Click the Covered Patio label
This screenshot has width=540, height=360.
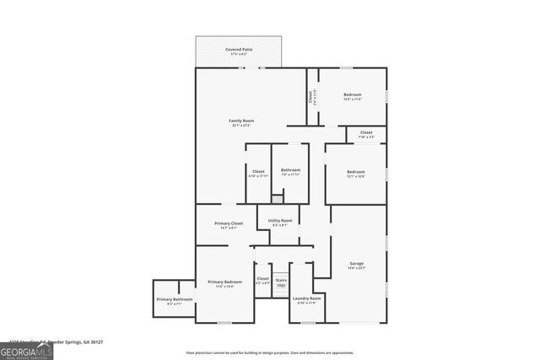pyautogui.click(x=239, y=50)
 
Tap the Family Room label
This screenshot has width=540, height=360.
pyautogui.click(x=241, y=121)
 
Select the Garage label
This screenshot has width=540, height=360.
pyautogui.click(x=357, y=264)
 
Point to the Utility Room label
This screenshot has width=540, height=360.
pyautogui.click(x=281, y=220)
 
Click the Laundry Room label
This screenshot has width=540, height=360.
pyautogui.click(x=307, y=298)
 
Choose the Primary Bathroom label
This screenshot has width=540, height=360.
pyautogui.click(x=175, y=299)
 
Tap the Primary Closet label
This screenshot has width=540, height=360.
pyautogui.click(x=228, y=223)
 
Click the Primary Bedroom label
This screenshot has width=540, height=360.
pyautogui.click(x=225, y=282)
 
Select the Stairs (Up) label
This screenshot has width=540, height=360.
pyautogui.click(x=281, y=281)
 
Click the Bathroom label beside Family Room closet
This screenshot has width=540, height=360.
pyautogui.click(x=290, y=171)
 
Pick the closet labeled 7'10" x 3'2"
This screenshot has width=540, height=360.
pyautogui.click(x=366, y=136)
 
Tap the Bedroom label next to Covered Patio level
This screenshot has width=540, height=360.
pyautogui.click(x=352, y=94)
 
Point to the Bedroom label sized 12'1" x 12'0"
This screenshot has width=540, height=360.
pyautogui.click(x=355, y=172)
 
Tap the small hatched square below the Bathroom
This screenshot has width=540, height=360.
pyautogui.click(x=277, y=200)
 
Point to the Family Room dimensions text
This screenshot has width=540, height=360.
pyautogui.click(x=241, y=126)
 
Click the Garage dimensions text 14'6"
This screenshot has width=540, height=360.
pyautogui.click(x=357, y=269)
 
